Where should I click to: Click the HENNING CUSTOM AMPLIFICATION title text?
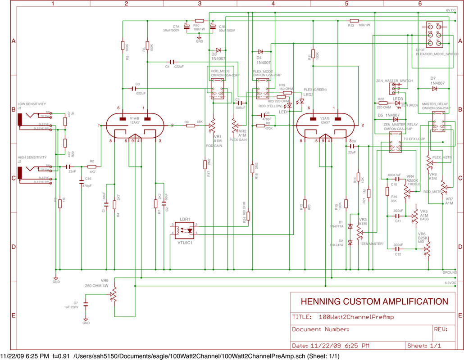370,301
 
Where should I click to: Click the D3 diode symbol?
218,50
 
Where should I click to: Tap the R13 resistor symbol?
354,21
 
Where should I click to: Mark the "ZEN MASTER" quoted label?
372,243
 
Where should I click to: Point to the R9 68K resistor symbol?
190,126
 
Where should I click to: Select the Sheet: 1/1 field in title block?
423,346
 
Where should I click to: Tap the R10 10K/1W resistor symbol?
199,21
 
